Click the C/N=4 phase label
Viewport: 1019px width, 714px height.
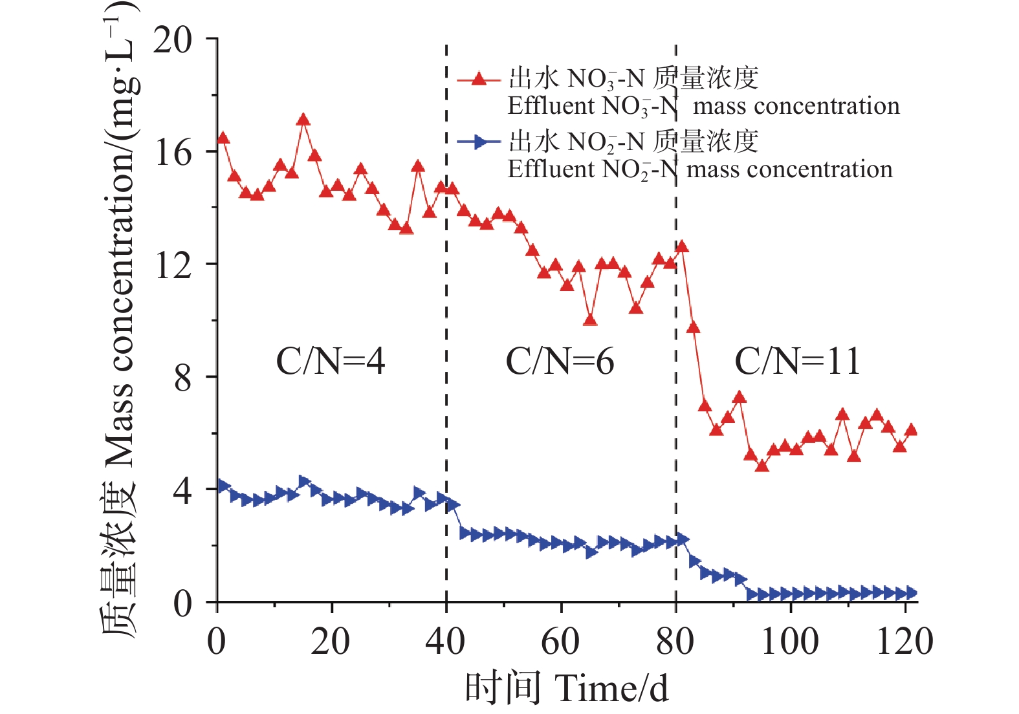[330, 361]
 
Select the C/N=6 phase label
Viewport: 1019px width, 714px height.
[560, 361]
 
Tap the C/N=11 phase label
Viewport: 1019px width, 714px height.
[797, 361]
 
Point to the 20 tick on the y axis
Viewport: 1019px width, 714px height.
[173, 40]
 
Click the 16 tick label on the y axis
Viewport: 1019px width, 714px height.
[173, 153]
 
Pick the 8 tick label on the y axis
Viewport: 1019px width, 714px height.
[182, 378]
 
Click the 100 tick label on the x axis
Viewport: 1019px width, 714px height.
[790, 642]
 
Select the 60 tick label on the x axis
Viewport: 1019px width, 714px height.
[560, 642]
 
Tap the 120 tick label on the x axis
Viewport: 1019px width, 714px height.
[904, 642]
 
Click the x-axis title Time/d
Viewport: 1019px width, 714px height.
[567, 688]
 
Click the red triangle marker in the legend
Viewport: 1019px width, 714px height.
[479, 79]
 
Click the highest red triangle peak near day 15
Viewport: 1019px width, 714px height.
[303, 120]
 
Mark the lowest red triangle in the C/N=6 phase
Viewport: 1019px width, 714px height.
[589, 319]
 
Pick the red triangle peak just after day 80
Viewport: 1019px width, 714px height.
[681, 246]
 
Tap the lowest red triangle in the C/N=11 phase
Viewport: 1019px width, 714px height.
[762, 465]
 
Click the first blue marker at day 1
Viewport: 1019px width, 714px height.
[224, 486]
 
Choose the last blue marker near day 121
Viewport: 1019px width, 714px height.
[910, 592]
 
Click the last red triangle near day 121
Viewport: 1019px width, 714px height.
[910, 430]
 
